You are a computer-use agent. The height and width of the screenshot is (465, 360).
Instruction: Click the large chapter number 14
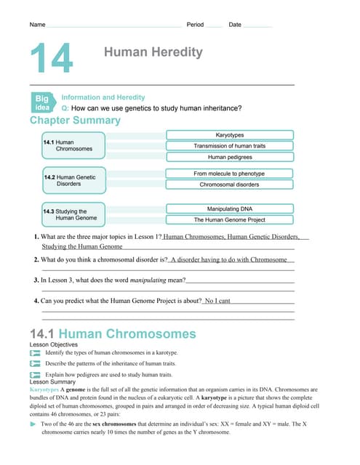click(52, 59)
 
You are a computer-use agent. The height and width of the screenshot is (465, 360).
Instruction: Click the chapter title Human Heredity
click(153, 52)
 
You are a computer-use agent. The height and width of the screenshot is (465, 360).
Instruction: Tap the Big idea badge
click(42, 102)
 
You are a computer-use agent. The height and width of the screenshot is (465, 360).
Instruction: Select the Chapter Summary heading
click(75, 120)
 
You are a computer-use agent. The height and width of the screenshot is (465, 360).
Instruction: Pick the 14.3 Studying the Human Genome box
click(73, 214)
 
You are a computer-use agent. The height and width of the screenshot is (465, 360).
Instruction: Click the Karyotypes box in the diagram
click(230, 135)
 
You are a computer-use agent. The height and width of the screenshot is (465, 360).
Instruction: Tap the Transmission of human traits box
click(230, 146)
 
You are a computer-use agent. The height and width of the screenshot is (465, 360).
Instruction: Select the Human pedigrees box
click(230, 157)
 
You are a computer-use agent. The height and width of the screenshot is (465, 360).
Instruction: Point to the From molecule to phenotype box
click(230, 174)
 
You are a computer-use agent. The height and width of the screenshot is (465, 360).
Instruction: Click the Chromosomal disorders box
click(230, 185)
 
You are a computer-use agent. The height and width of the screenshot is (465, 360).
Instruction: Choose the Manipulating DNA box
click(230, 209)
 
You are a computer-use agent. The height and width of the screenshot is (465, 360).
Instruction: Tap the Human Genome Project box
click(230, 219)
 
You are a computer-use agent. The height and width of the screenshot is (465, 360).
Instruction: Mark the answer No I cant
click(217, 300)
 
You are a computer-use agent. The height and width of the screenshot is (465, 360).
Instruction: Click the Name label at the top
click(37, 25)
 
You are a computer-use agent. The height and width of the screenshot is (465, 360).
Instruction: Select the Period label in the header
click(196, 25)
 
